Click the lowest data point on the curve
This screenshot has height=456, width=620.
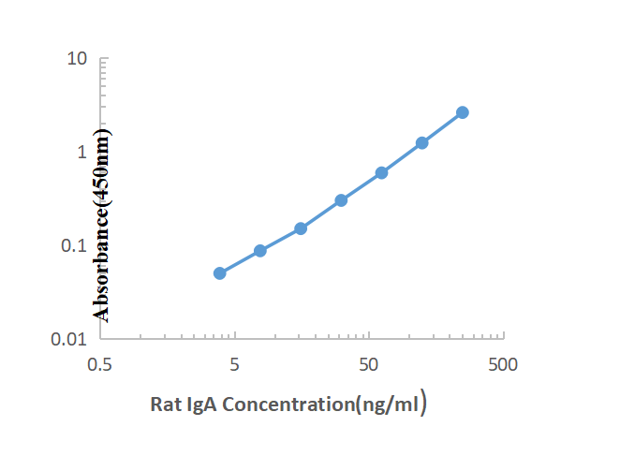coord(219,273)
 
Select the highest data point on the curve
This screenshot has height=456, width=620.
coord(463,112)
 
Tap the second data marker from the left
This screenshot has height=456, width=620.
coord(260,251)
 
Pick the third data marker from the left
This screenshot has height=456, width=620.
coord(301,228)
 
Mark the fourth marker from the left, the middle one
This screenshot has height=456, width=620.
coord(341,200)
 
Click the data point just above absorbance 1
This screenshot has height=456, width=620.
coord(422,143)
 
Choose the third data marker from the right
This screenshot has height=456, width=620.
coord(381,173)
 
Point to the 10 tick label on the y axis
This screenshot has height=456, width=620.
coord(78,59)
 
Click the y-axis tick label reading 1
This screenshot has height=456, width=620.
coord(82,152)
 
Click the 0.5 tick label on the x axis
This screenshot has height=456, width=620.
coord(99,364)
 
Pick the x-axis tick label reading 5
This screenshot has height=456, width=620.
coord(234,364)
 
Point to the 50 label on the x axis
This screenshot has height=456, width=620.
coord(369,364)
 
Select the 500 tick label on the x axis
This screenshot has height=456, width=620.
coord(503,364)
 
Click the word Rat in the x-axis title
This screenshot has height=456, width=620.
coord(165,405)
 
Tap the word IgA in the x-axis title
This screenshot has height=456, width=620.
coord(200,405)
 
